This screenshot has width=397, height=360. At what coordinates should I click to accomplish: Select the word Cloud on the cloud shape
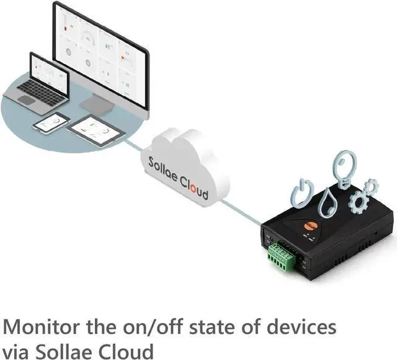point(193,185)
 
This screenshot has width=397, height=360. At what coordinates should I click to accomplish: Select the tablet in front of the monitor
point(94,129)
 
